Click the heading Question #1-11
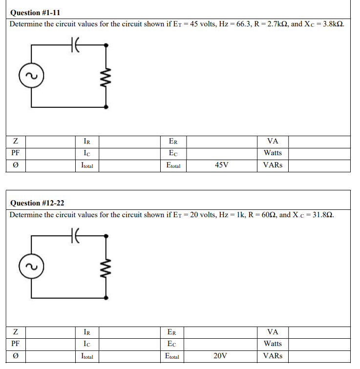(35, 13)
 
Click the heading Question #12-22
(37, 203)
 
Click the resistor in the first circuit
(106, 76)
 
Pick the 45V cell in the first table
(221, 165)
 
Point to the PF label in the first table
(16, 153)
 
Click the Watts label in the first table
(273, 153)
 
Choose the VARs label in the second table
(273, 356)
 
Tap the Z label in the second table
(16, 332)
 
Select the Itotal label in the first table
(87, 166)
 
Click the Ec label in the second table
(172, 344)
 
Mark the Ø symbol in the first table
(16, 165)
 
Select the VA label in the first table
(273, 142)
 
